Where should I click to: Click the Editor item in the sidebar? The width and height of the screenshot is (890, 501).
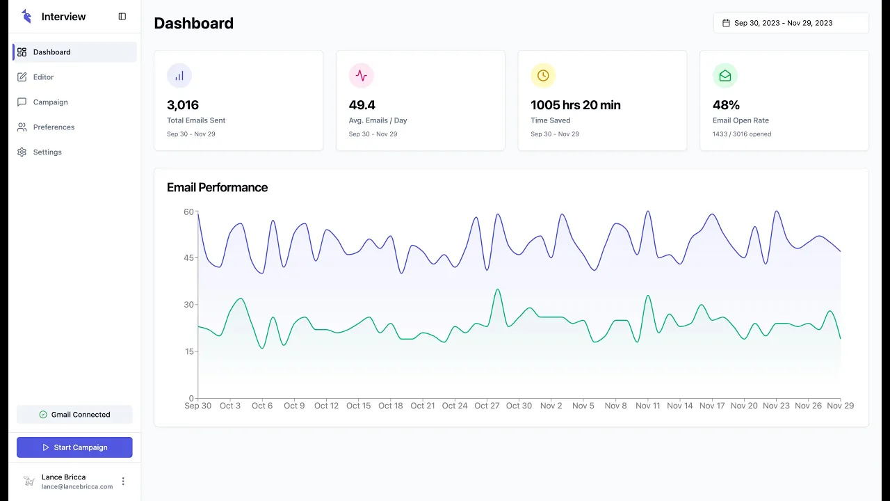click(43, 77)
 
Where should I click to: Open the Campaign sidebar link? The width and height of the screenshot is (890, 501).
click(51, 102)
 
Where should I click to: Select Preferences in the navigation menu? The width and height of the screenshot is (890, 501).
click(54, 127)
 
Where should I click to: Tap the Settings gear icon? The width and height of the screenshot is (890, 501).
click(22, 152)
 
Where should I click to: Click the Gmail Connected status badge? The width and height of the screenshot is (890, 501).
click(74, 415)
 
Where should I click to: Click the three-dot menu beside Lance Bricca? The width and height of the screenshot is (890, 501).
click(123, 482)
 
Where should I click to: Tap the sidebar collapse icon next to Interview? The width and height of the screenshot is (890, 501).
click(122, 17)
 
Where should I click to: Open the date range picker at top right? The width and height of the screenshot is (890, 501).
click(791, 23)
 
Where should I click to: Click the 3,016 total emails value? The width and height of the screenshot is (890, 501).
click(183, 105)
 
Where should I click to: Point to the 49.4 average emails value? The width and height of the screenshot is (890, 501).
click(362, 105)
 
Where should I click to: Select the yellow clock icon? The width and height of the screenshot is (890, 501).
click(543, 76)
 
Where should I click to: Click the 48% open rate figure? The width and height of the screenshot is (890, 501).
click(726, 105)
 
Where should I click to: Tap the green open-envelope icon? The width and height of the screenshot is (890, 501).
click(725, 76)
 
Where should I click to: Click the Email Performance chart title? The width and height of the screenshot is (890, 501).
click(218, 188)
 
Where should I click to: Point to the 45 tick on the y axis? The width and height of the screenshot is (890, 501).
click(188, 258)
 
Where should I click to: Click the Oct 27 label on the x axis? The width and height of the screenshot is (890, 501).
click(487, 406)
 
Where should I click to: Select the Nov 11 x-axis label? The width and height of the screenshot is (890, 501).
click(647, 406)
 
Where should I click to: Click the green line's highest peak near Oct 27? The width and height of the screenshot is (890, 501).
click(498, 289)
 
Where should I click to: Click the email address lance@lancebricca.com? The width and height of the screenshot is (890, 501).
click(77, 486)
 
